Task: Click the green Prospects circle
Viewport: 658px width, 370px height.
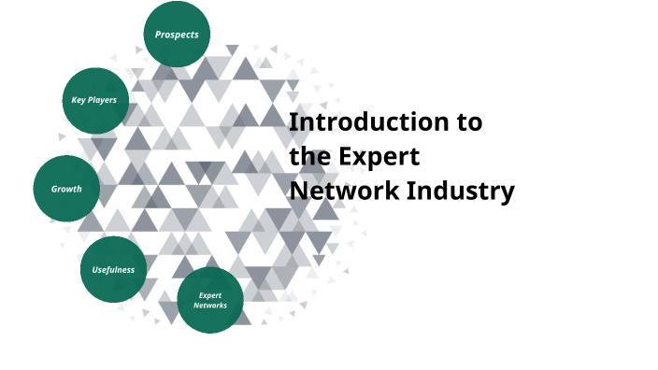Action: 177,35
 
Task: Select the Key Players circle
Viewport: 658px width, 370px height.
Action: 94,100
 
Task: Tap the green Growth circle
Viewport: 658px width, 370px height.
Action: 66,189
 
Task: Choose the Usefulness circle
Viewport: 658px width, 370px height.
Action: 113,270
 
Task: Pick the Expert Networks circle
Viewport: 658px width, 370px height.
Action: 209,300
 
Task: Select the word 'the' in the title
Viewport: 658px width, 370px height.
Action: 308,157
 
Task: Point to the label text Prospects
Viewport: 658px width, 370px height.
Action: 177,35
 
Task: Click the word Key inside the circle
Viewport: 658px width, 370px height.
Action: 79,100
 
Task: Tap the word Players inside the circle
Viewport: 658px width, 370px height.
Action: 102,100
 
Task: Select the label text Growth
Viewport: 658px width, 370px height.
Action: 66,189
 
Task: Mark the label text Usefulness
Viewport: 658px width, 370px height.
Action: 113,270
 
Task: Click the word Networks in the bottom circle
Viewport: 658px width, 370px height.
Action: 209,305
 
